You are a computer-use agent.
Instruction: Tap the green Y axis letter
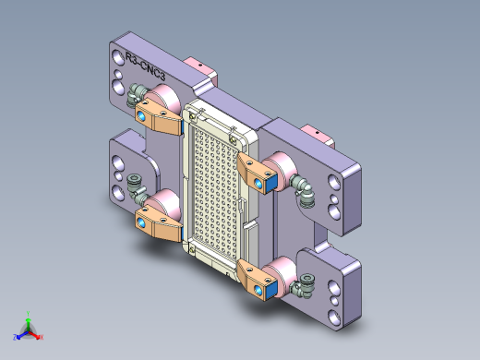(x=30, y=312)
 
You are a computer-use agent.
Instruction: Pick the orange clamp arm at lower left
(x=158, y=222)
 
